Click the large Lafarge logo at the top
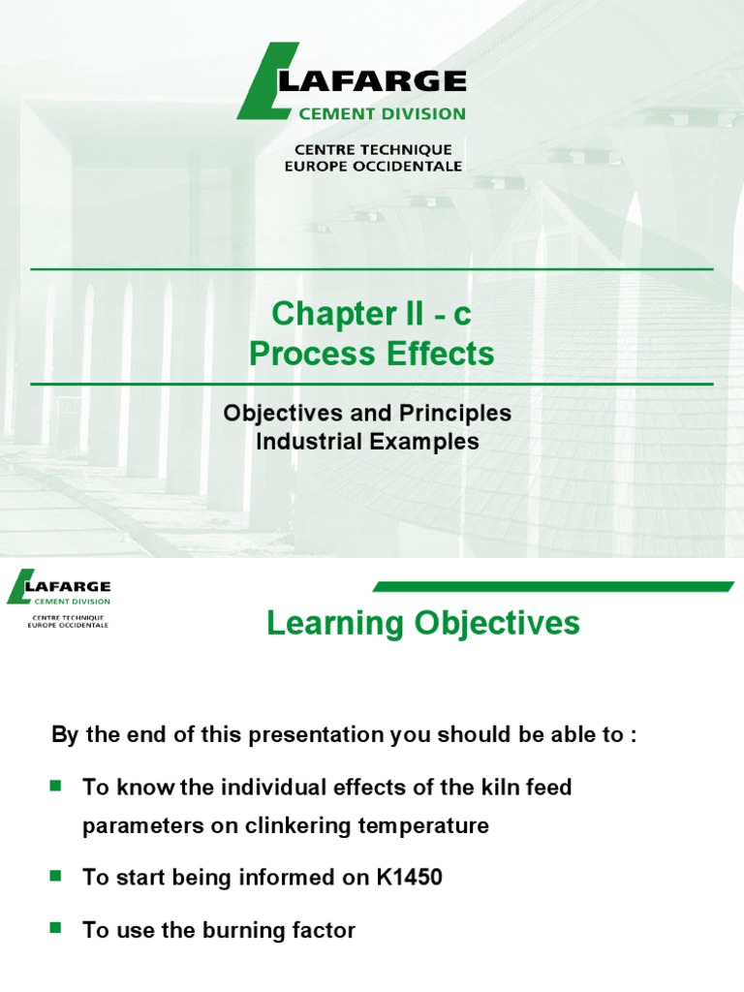click(352, 81)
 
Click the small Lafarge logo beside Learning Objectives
click(59, 592)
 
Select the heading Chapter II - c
click(371, 314)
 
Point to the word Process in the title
click(305, 354)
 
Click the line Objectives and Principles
click(367, 413)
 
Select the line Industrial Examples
click(367, 442)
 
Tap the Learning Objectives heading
click(423, 624)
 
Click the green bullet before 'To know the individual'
click(55, 785)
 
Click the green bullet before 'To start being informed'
click(55, 876)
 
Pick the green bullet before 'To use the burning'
click(55, 928)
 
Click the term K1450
click(411, 878)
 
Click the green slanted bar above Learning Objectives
click(552, 586)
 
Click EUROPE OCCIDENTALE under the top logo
click(373, 166)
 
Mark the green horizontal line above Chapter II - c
click(372, 268)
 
